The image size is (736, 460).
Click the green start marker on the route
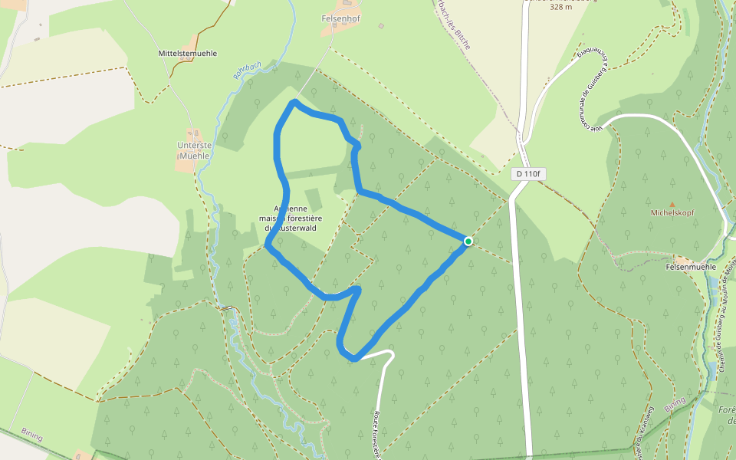(468, 242)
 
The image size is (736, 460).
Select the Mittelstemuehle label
(187, 54)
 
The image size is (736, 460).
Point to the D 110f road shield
(528, 174)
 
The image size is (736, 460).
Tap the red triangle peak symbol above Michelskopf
(672, 204)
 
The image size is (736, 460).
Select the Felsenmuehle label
(690, 266)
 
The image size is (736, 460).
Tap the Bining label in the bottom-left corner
(32, 433)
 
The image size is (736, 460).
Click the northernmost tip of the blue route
(294, 102)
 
